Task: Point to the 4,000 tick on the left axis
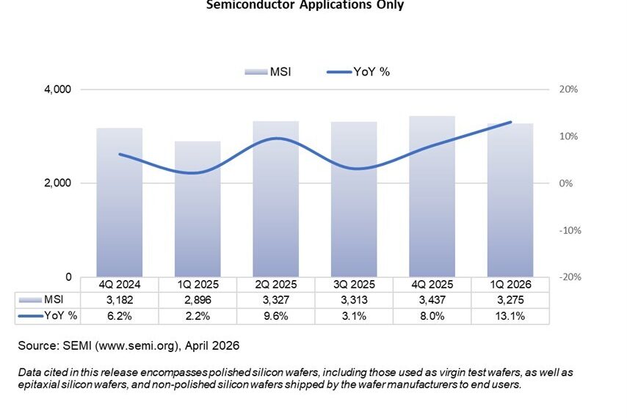tap(57, 89)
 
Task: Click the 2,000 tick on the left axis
tap(57, 183)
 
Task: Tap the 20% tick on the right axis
tap(569, 89)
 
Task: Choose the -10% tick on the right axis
tap(568, 230)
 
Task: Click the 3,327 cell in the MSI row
tap(275, 299)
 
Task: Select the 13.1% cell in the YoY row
tap(510, 315)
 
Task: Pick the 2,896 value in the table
tap(197, 299)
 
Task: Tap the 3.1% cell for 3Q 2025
tap(354, 315)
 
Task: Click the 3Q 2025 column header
tap(354, 285)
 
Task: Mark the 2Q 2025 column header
tap(275, 285)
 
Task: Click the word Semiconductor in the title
tap(243, 5)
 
